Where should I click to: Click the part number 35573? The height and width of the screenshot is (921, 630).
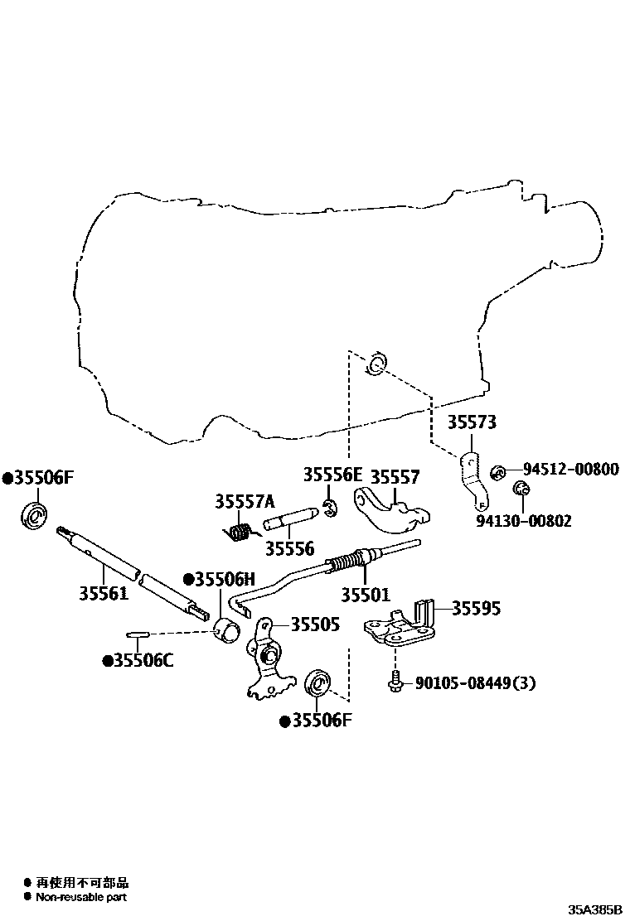[x=472, y=422]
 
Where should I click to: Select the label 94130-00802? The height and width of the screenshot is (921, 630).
[x=523, y=520]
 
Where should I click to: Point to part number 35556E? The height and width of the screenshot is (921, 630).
[x=332, y=475]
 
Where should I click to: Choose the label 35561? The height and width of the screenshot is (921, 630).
[x=104, y=593]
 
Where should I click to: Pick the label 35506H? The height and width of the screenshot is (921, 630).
[x=224, y=580]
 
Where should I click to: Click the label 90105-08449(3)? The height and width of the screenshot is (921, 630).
[x=475, y=682]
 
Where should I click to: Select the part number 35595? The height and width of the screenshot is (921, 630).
[x=476, y=608]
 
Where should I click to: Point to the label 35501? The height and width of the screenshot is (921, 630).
[x=365, y=594]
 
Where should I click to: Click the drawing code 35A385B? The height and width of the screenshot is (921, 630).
[x=594, y=909]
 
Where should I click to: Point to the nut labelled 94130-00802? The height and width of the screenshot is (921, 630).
[x=521, y=489]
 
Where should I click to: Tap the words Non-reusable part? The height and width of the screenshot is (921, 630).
[x=81, y=897]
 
